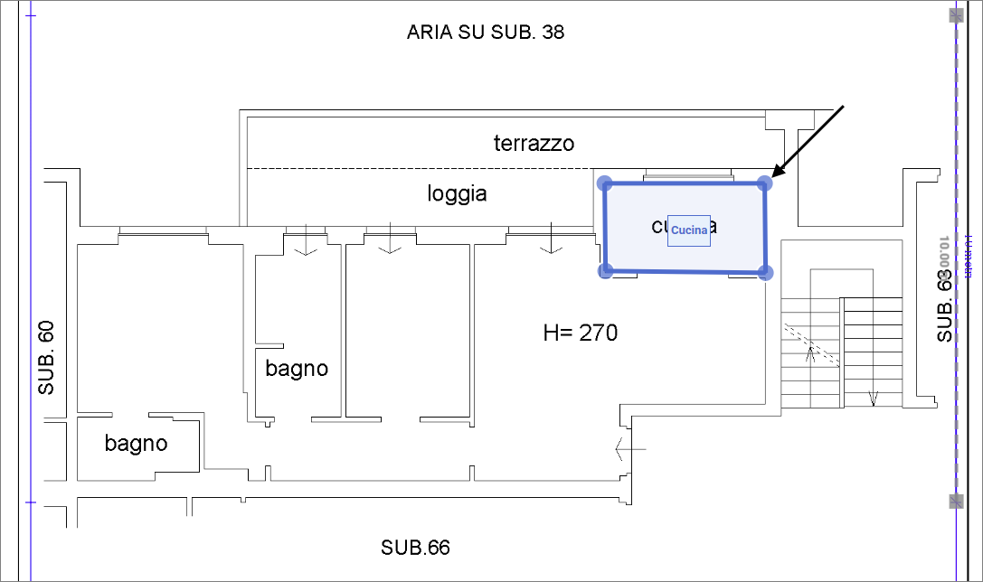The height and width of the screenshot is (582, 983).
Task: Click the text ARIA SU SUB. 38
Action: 486,33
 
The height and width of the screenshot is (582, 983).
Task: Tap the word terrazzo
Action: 534,143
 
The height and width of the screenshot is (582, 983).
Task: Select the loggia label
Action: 457,193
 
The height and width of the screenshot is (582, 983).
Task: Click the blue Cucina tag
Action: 689,231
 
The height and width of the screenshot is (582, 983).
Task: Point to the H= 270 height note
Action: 580,333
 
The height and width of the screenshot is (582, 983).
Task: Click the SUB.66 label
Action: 415,547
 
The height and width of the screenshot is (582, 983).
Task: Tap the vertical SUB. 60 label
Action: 47,358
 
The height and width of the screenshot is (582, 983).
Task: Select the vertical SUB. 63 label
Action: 945,307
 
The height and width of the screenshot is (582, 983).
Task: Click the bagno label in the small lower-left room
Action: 136,443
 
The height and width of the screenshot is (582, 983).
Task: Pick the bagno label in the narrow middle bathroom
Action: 297,369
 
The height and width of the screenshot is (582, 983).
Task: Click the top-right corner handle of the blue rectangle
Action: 764,184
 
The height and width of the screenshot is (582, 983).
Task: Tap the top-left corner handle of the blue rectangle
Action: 606,183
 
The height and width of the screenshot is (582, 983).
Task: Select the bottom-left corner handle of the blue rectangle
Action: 607,269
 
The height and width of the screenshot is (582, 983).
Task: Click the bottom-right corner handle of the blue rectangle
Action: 765,271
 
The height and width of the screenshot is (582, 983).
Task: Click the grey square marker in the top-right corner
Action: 956,15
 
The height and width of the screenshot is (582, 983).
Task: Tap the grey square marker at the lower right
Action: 956,501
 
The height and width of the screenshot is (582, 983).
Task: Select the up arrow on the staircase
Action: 811,352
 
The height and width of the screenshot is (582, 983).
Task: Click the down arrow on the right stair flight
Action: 874,398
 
